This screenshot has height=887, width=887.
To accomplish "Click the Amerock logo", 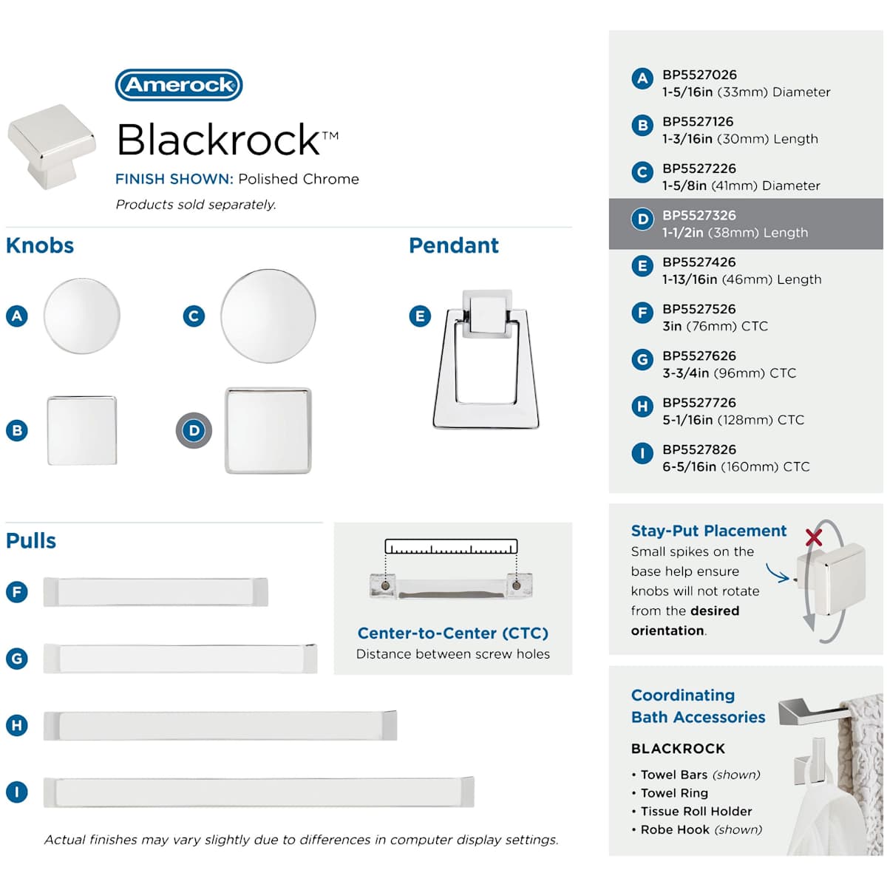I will pyautogui.click(x=179, y=85).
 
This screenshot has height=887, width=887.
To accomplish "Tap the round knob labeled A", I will pyautogui.click(x=81, y=316).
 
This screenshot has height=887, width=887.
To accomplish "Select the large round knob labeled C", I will pyautogui.click(x=268, y=316).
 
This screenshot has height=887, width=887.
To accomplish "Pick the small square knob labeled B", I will pyautogui.click(x=82, y=430).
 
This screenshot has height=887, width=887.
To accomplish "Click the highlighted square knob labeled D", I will pyautogui.click(x=268, y=430).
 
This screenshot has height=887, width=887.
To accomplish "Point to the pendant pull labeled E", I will pyautogui.click(x=486, y=359).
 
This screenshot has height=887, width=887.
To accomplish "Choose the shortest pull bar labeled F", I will pyautogui.click(x=156, y=592).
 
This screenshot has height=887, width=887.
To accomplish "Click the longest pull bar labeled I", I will pyautogui.click(x=259, y=792).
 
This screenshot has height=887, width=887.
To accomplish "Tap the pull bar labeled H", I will pyautogui.click(x=220, y=725).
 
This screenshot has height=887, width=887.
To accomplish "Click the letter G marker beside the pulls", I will pyautogui.click(x=16, y=658).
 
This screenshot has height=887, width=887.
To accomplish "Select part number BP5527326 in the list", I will pyautogui.click(x=699, y=215).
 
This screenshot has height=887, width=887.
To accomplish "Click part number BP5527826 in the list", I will pyautogui.click(x=699, y=449).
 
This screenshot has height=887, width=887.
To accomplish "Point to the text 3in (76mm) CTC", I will pyautogui.click(x=715, y=326).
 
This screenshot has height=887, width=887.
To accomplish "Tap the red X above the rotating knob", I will pyautogui.click(x=814, y=537).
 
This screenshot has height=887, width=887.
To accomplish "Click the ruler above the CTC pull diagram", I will pyautogui.click(x=451, y=548).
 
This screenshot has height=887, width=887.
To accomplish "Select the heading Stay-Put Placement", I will pyautogui.click(x=708, y=531).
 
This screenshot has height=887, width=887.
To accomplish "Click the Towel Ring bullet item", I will pyautogui.click(x=673, y=793).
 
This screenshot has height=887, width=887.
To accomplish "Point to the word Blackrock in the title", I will pyautogui.click(x=219, y=139).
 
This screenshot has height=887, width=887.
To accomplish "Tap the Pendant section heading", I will pyautogui.click(x=454, y=245).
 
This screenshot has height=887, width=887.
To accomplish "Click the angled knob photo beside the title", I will pyautogui.click(x=52, y=146).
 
